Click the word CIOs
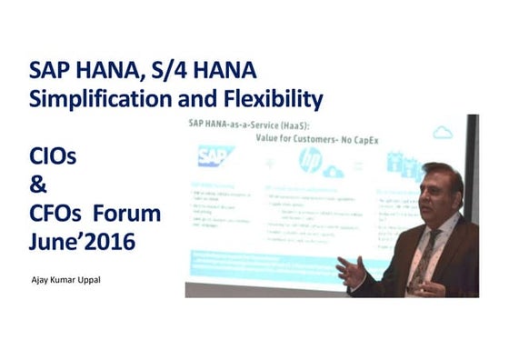[x=52, y=157]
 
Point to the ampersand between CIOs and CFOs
[x=38, y=185]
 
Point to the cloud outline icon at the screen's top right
[x=443, y=134]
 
